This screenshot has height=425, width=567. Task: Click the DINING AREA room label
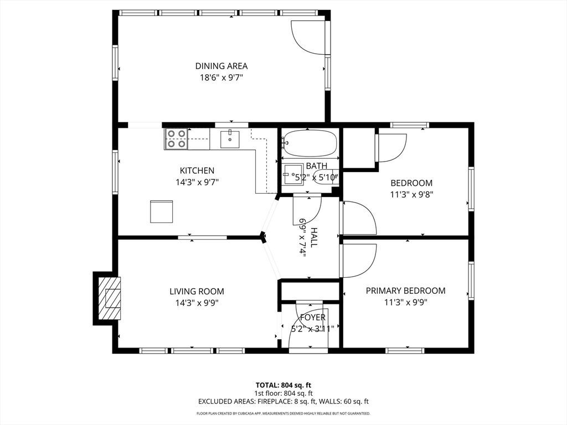(x=221, y=66)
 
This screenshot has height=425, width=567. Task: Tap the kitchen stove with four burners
(x=176, y=139)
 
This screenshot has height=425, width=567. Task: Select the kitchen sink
(x=230, y=139)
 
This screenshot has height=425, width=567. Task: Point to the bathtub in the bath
(x=310, y=143)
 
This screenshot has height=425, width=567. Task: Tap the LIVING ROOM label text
(x=197, y=291)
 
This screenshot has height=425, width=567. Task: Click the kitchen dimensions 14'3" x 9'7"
(x=198, y=182)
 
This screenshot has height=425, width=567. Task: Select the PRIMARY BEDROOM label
(x=406, y=291)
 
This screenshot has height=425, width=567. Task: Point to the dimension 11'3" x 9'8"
(x=411, y=194)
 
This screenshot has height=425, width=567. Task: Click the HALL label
(x=313, y=237)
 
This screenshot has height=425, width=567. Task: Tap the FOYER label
(x=313, y=317)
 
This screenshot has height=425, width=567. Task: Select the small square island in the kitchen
(x=162, y=211)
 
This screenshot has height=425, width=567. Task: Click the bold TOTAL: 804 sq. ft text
(x=283, y=385)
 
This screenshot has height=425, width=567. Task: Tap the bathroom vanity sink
(x=292, y=174)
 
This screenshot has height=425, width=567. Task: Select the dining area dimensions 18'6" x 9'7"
(x=221, y=77)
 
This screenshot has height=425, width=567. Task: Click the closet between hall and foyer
(x=310, y=291)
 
